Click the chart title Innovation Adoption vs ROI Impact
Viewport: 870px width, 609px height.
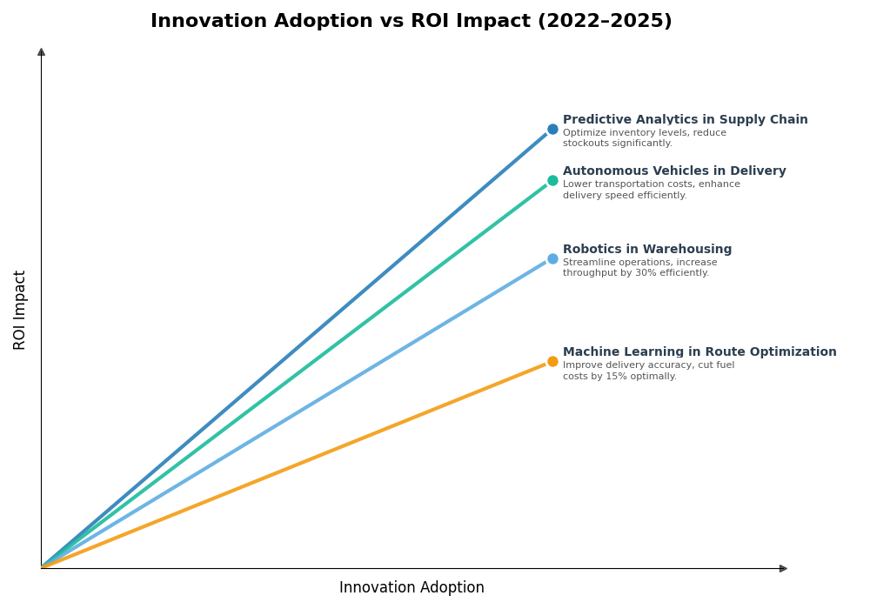(x=411, y=22)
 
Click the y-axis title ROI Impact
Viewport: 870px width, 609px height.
(x=20, y=310)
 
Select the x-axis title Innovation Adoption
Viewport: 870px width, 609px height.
(x=412, y=588)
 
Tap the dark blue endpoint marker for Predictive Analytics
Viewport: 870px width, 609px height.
(x=552, y=130)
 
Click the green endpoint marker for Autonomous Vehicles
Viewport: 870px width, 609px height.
(x=552, y=181)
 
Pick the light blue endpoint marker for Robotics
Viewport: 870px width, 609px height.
(x=552, y=258)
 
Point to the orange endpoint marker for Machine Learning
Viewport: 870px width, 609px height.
(x=552, y=362)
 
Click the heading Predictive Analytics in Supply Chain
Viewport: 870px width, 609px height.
(x=685, y=120)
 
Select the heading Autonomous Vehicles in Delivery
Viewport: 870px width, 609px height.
(x=674, y=171)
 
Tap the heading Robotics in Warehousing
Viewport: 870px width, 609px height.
(x=647, y=250)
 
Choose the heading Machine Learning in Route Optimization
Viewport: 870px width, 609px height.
(x=699, y=352)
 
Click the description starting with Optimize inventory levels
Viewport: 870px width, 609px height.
(x=644, y=138)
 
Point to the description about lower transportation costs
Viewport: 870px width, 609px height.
(x=651, y=190)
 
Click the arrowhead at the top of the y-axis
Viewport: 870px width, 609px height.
(x=41, y=52)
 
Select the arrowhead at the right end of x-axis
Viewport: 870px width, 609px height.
(x=783, y=568)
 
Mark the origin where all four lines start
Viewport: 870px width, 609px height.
(x=42, y=567)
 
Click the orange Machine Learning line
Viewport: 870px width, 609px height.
(x=296, y=465)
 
